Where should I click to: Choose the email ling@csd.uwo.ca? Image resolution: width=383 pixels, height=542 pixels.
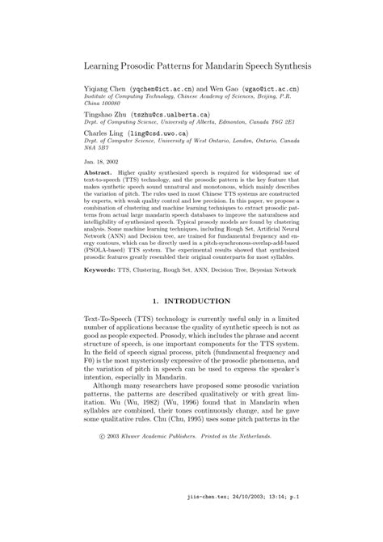click(x=162, y=133)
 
